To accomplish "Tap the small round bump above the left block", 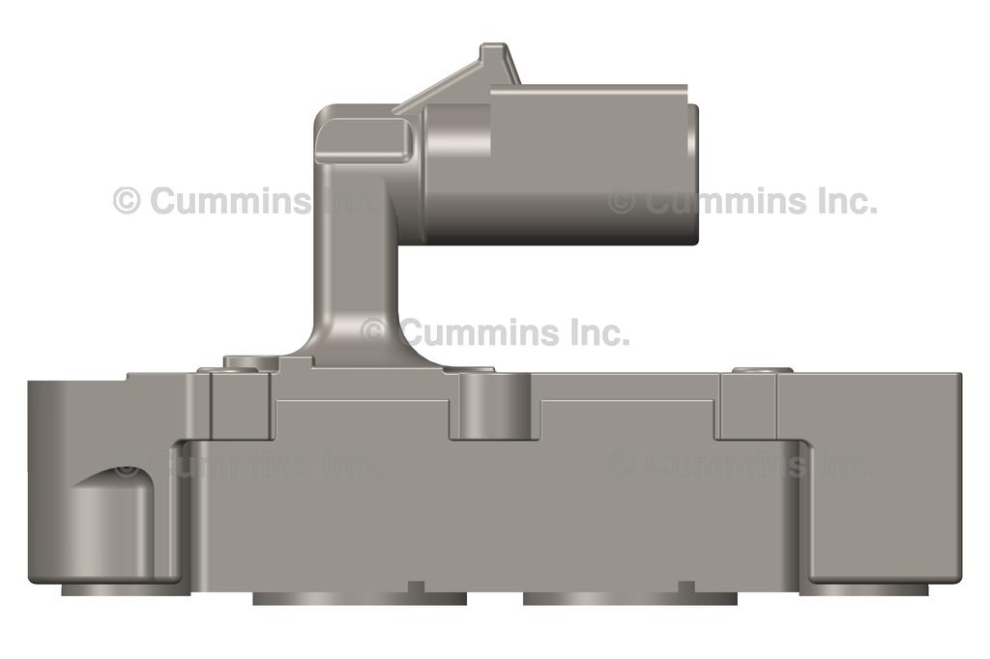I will (251, 363).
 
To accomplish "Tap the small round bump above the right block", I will (762, 370).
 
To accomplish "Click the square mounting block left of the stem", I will (239, 404).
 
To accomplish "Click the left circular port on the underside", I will (359, 598).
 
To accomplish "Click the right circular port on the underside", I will (629, 598).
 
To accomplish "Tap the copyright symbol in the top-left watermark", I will (127, 201).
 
